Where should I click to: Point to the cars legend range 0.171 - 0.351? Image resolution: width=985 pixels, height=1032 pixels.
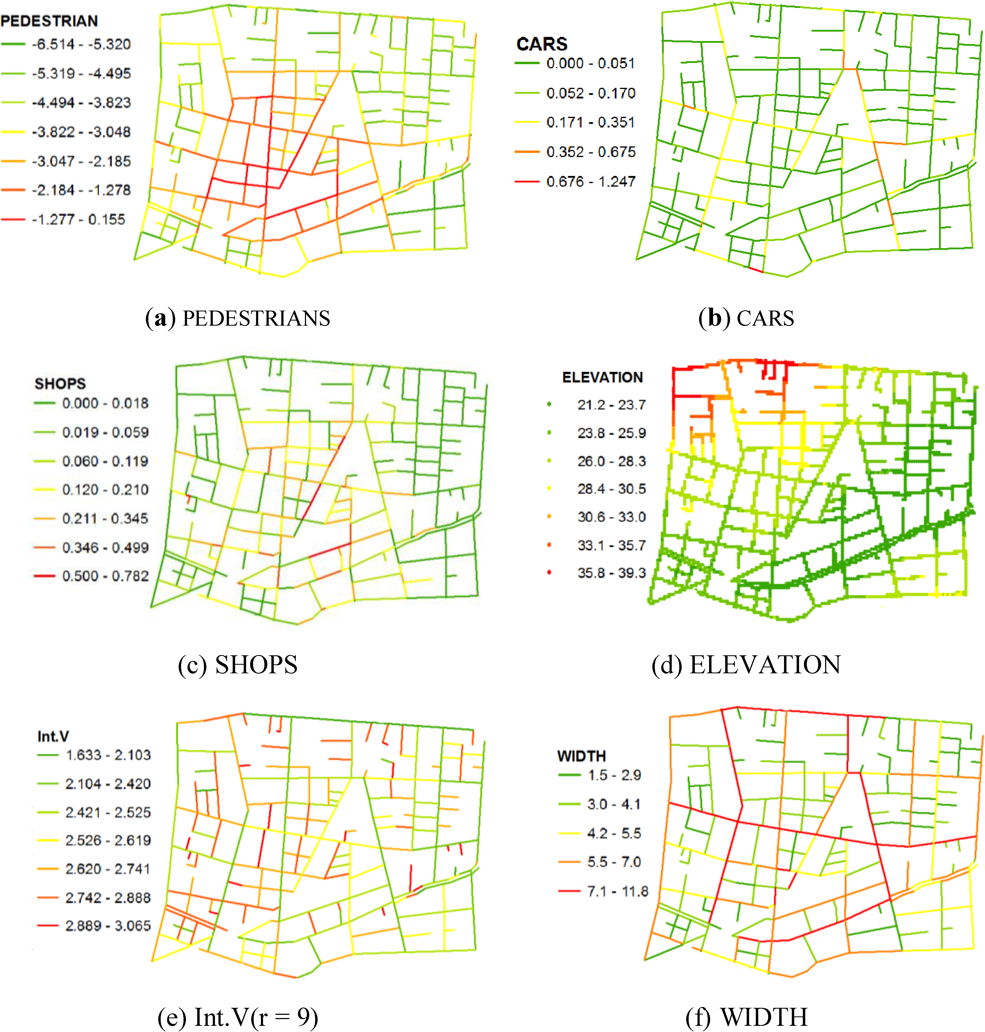[591, 122]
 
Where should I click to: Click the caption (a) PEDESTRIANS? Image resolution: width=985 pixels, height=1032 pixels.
[237, 318]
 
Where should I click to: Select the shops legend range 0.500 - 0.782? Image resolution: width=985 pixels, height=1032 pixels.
[105, 576]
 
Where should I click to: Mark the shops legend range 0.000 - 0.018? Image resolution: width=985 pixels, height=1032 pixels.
[105, 403]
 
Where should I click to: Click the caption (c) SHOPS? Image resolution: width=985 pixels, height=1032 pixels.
[237, 664]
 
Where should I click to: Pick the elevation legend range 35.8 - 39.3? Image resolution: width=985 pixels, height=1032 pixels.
[612, 573]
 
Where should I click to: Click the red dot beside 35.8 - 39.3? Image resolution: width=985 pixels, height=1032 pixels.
[549, 572]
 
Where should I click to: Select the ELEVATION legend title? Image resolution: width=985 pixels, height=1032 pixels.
[602, 377]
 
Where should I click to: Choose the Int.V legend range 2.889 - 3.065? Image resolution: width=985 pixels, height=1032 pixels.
[108, 925]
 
